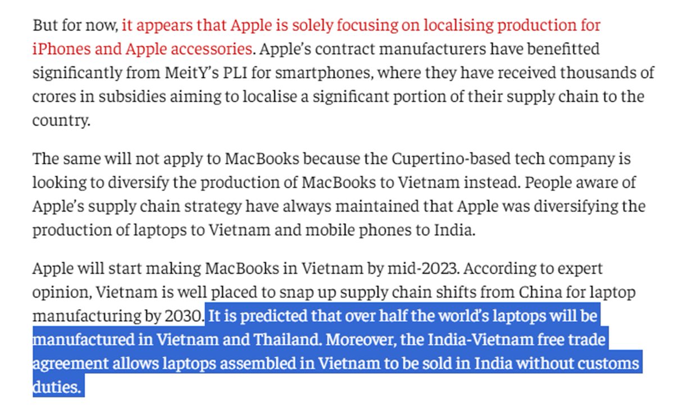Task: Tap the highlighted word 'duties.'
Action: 57,387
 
